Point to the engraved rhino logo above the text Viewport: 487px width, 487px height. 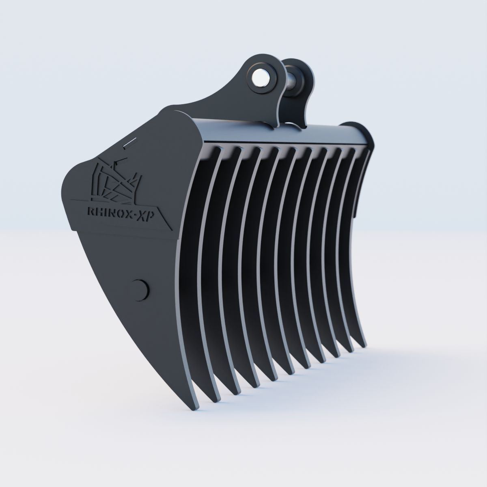(x=116, y=180)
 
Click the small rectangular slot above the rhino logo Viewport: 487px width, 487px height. (x=130, y=142)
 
